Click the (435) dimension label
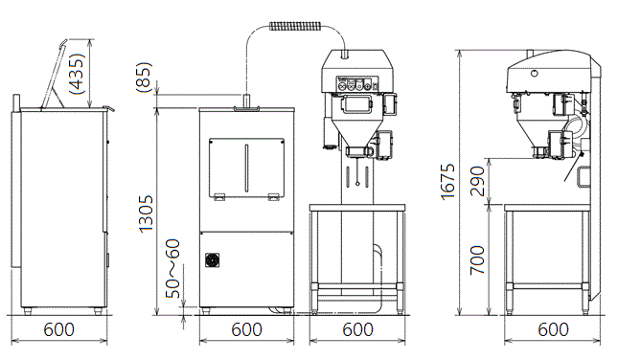tap(77, 74)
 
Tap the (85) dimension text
tap(144, 77)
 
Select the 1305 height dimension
tap(146, 214)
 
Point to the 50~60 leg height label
tap(172, 269)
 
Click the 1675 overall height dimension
tap(447, 182)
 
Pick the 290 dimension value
tap(477, 181)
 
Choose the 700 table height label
tap(477, 260)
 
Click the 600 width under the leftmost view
tap(59, 329)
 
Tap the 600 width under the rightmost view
tap(554, 329)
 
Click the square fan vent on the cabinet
tap(213, 260)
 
